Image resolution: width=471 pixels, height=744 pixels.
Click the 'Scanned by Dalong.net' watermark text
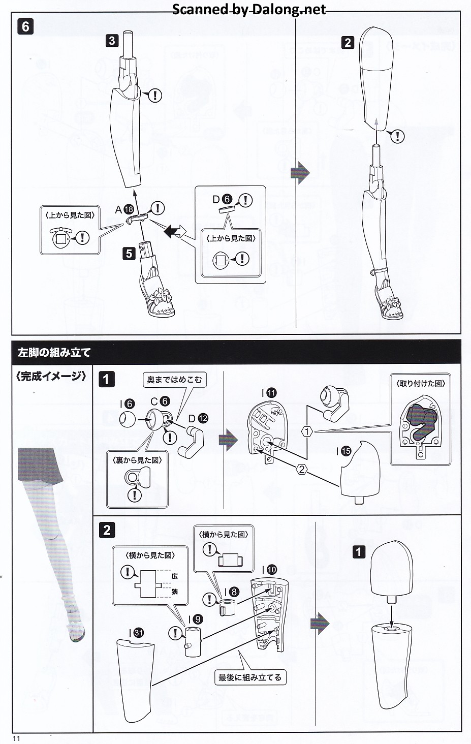(249, 9)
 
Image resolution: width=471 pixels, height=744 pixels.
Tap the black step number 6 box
(25, 26)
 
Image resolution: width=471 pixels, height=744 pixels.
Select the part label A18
(124, 209)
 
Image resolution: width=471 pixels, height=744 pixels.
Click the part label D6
(222, 200)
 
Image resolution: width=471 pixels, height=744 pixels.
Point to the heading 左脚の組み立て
(54, 352)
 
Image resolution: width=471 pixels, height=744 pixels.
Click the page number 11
(16, 738)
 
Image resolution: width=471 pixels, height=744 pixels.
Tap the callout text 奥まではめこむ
(174, 380)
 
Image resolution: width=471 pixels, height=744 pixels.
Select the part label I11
(269, 393)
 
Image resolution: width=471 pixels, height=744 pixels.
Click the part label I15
(344, 451)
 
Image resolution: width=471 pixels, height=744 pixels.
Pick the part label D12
(198, 418)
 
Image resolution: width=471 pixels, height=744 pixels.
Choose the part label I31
(136, 633)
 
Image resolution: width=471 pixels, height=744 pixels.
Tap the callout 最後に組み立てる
(249, 677)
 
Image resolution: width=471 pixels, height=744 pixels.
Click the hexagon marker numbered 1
(306, 431)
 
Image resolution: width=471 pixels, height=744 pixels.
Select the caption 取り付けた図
(420, 383)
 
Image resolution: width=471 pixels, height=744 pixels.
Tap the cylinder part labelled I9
(193, 642)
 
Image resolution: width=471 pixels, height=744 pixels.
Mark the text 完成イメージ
(51, 376)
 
